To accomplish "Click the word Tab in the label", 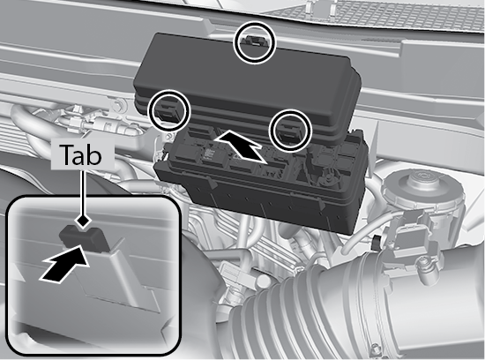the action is [82, 154].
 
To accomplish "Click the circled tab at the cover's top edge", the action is [254, 41].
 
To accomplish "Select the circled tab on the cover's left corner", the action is [168, 111].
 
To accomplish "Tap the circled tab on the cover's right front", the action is [290, 131].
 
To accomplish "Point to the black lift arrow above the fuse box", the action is [242, 146].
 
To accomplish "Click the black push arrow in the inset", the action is [65, 264].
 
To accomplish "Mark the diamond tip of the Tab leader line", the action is [83, 221].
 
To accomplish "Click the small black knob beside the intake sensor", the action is [377, 243].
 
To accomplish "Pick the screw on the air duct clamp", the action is [375, 349].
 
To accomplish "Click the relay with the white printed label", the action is [211, 154].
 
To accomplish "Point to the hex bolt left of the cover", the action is [117, 106].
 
